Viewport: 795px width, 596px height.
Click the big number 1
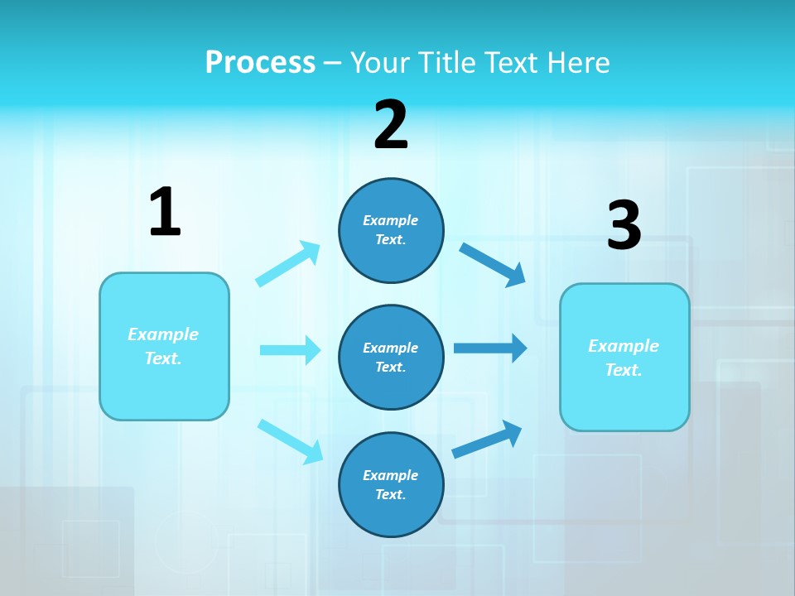point(165,213)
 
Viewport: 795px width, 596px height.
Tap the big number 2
point(391,125)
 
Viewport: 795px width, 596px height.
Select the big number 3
point(624,226)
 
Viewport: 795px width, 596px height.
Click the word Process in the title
point(260,62)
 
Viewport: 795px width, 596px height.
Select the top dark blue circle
point(391,230)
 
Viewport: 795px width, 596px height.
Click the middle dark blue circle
point(391,358)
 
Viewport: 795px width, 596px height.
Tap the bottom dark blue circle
point(391,485)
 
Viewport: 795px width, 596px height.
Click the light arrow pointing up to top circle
point(288,264)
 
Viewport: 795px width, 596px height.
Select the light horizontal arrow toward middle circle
point(290,350)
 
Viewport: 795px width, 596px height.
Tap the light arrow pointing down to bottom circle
point(290,440)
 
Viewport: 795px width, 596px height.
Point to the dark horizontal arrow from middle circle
point(489,348)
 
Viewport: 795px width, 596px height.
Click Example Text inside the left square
point(163,346)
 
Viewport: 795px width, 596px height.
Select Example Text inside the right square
point(624,358)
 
